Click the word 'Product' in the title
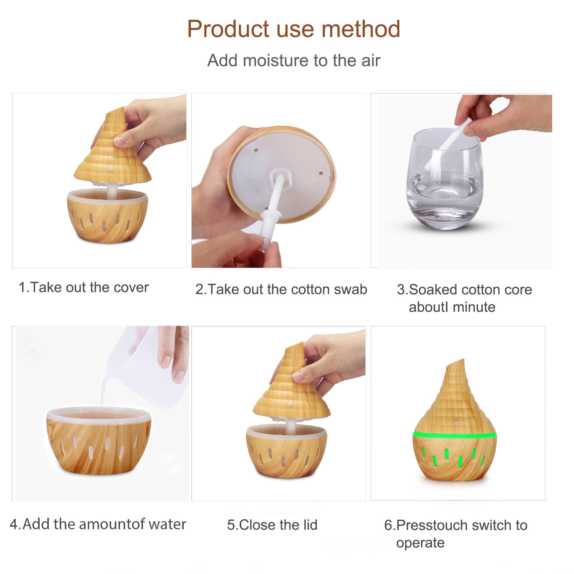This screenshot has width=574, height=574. coord(228,29)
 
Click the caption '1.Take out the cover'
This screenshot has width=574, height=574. coord(84,287)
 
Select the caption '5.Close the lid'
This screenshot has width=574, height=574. coord(272,525)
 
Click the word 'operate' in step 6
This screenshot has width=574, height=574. coord(420,543)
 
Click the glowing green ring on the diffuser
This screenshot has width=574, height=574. coord(455,436)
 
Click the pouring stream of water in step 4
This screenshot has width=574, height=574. coord(104,389)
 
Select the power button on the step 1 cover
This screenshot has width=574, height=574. coord(111,169)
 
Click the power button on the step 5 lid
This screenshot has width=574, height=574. coord(290,405)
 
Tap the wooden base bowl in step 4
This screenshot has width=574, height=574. coord(99,440)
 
